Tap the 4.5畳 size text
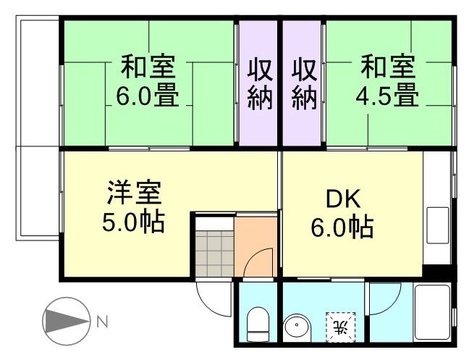point(388,95)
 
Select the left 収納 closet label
point(260,85)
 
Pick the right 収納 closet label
point(304,85)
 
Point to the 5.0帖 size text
point(134,220)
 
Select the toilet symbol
point(257,322)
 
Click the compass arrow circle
point(67,319)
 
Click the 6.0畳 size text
point(148,96)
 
